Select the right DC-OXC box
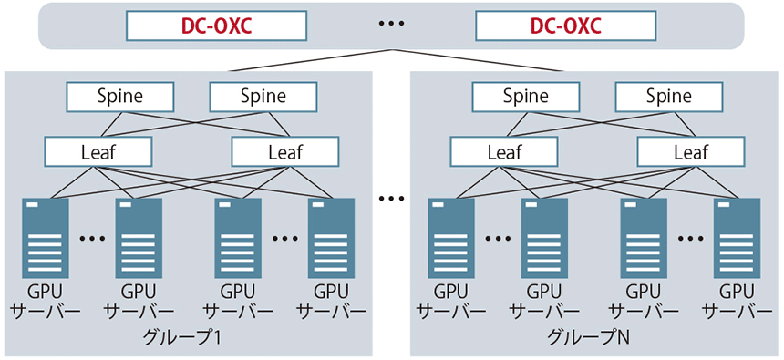pos(565,25)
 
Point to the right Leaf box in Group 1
pos(284,151)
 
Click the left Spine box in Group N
pos(525,96)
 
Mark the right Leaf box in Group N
pos(690,151)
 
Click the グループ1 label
pos(183,337)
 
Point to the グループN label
pos(588,337)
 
